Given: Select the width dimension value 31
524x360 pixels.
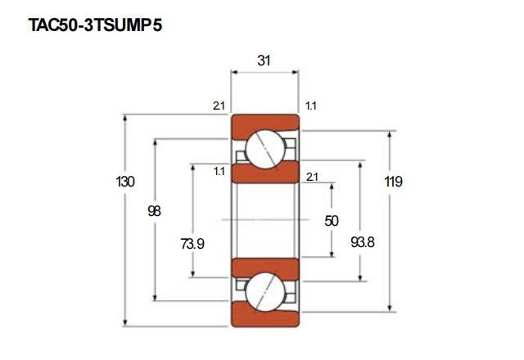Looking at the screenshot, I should pyautogui.click(x=264, y=61).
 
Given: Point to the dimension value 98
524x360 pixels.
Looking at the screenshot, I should pyautogui.click(x=154, y=211).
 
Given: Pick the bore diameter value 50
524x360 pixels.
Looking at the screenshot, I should pyautogui.click(x=332, y=221).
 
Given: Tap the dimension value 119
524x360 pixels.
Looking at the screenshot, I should pyautogui.click(x=393, y=182).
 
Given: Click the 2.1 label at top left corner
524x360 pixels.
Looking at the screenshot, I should pyautogui.click(x=218, y=106).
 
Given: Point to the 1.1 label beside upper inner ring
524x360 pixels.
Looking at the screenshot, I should pyautogui.click(x=219, y=171).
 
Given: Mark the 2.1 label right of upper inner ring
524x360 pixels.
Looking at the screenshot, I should pyautogui.click(x=312, y=177).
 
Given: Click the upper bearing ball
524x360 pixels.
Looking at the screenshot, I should pyautogui.click(x=264, y=149).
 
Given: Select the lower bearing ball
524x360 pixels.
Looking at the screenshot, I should pyautogui.click(x=264, y=291).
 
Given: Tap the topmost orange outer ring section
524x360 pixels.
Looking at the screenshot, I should pyautogui.click(x=264, y=122).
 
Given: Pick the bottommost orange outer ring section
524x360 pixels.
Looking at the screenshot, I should pyautogui.click(x=264, y=318).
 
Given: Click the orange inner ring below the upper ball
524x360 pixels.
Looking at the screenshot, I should pyautogui.click(x=264, y=174).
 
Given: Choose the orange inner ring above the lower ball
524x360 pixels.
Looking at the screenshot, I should pyautogui.click(x=264, y=266).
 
